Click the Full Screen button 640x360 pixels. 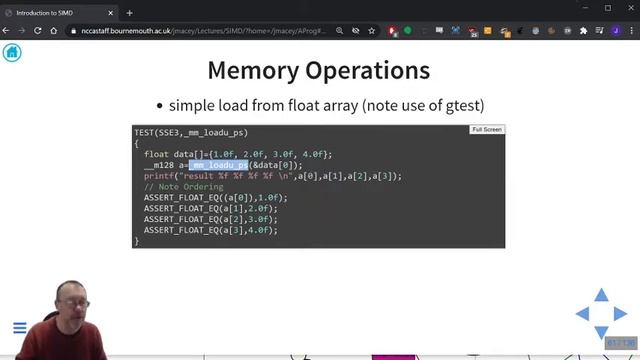click(487, 130)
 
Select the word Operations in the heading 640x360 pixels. click(376, 71)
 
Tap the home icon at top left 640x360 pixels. click(12, 52)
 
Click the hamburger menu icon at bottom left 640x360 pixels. click(19, 328)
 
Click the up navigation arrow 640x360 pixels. click(600, 296)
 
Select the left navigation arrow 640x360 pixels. click(582, 314)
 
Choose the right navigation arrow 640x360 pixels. click(619, 314)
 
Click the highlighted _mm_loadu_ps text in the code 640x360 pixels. click(218, 165)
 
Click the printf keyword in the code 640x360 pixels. click(159, 176)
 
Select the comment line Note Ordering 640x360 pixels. click(183, 187)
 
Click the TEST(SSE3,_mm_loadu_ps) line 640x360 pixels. click(191, 133)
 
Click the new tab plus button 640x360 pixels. click(129, 13)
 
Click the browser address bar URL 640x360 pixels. click(200, 31)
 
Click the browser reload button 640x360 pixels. click(39, 31)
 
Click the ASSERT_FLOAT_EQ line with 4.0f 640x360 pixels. click(210, 230)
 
